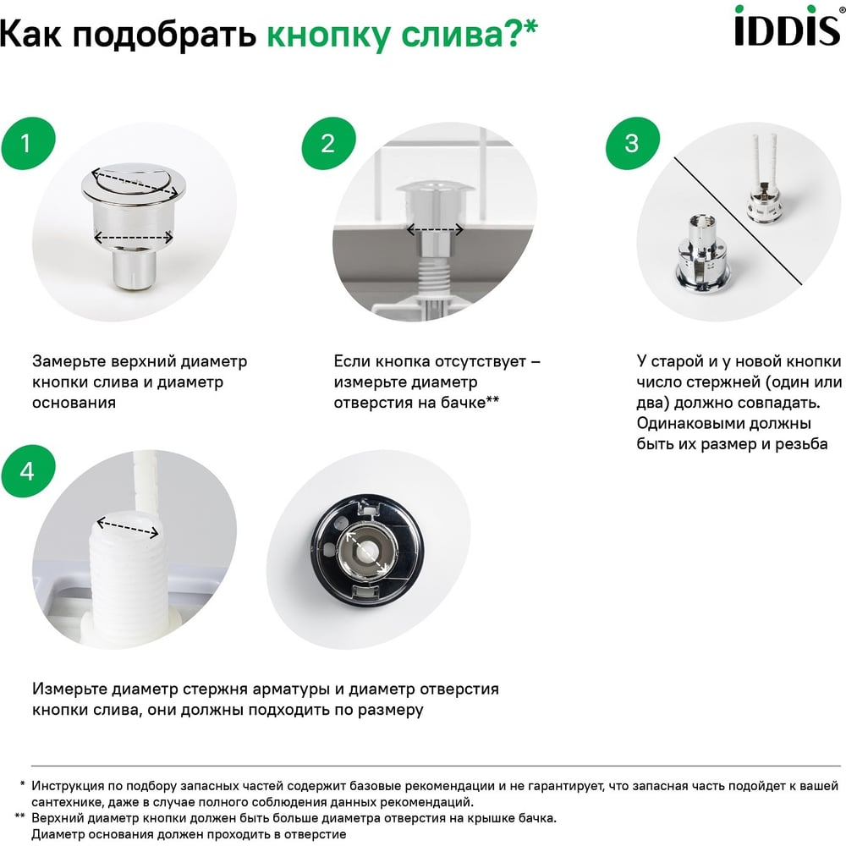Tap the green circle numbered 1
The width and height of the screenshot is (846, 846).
(x=28, y=144)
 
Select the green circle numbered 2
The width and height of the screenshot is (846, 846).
(x=328, y=144)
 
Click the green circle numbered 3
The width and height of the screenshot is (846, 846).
(x=633, y=144)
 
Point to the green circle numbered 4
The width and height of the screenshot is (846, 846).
(x=28, y=471)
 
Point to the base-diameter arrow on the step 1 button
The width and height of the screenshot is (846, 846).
(x=134, y=237)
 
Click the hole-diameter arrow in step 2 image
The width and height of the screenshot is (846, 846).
(x=435, y=230)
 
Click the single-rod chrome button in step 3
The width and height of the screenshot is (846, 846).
(x=701, y=251)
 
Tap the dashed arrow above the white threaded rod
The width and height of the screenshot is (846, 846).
(x=128, y=527)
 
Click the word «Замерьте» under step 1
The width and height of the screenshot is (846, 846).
(x=69, y=361)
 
